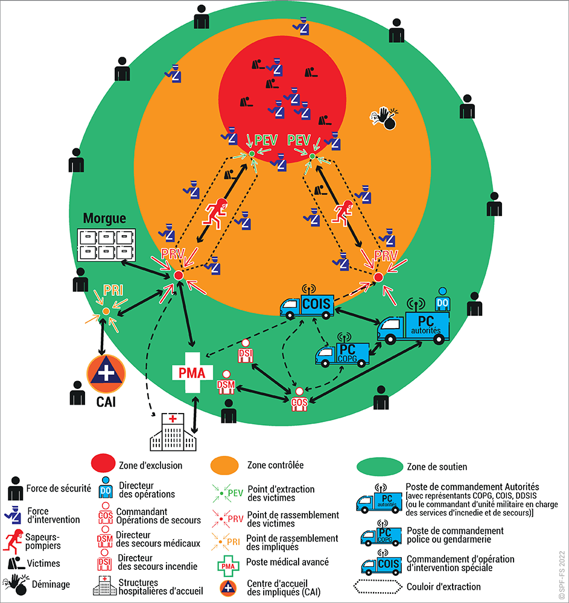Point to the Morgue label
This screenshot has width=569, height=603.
pos(104,218)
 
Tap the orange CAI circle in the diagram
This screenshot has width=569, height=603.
pos(106,372)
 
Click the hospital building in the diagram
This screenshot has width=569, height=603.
pos(173,432)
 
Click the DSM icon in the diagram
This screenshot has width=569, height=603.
pos(226,384)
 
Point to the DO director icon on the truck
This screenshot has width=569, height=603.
pos(442,298)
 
